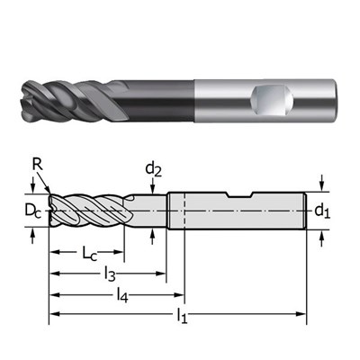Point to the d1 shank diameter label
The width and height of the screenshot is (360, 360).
pos(322,211)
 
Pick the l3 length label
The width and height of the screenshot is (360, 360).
pos(109,274)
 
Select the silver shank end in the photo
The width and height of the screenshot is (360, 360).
pos(315,94)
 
